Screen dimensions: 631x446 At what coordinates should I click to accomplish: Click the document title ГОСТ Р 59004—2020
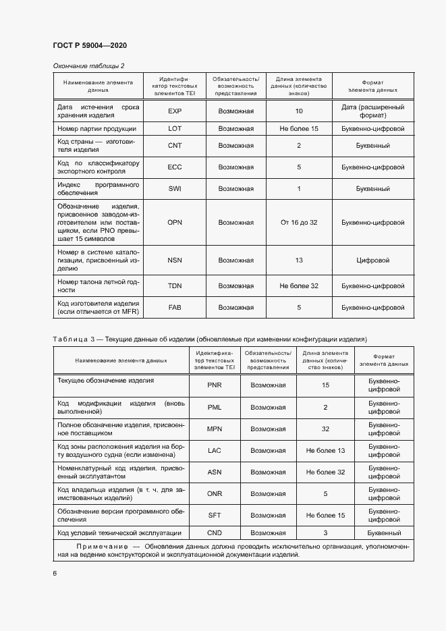(x=90, y=45)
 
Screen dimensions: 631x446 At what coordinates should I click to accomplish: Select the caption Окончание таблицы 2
(x=88, y=65)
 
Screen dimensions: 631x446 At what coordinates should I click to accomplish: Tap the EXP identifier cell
(x=175, y=111)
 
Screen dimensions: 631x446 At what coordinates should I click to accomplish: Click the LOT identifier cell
(x=175, y=128)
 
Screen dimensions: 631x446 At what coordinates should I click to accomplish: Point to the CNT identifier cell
(x=175, y=145)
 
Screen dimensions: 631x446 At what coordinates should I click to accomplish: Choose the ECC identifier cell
(x=175, y=167)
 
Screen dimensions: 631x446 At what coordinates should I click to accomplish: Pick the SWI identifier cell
(x=175, y=188)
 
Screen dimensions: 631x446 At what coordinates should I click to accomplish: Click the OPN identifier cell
(x=175, y=222)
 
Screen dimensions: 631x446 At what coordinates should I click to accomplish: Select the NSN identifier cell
(x=175, y=260)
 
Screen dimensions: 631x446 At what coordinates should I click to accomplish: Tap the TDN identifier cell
(x=175, y=286)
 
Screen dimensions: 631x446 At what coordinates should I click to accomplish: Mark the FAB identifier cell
(x=175, y=307)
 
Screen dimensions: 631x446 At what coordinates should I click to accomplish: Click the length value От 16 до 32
(x=298, y=222)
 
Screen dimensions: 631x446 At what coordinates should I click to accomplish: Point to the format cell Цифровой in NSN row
(x=373, y=260)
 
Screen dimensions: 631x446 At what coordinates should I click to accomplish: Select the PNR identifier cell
(x=215, y=385)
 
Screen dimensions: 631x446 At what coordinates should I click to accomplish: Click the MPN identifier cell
(x=215, y=429)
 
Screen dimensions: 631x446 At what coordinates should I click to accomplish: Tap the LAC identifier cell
(x=215, y=450)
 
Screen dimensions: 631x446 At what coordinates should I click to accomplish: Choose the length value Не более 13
(x=325, y=450)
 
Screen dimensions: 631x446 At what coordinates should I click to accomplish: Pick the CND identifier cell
(x=215, y=532)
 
